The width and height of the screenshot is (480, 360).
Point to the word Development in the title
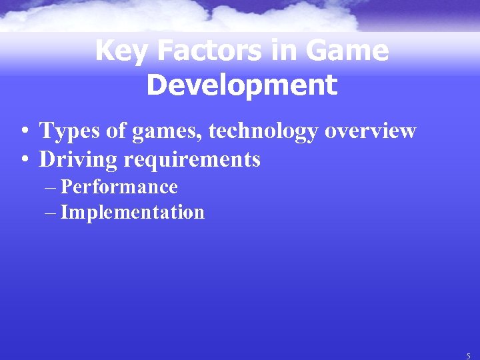point(241,85)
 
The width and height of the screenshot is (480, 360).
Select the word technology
point(264,131)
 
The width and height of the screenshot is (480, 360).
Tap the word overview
point(371,131)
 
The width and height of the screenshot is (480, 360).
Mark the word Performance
point(119,187)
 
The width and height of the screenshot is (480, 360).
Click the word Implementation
point(132,213)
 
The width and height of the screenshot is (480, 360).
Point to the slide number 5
point(469,356)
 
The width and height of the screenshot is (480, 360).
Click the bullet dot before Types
point(23,132)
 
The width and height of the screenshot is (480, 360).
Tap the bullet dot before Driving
point(23,161)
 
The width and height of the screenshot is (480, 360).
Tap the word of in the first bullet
point(117,131)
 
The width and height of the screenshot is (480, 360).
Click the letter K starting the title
point(103,51)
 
